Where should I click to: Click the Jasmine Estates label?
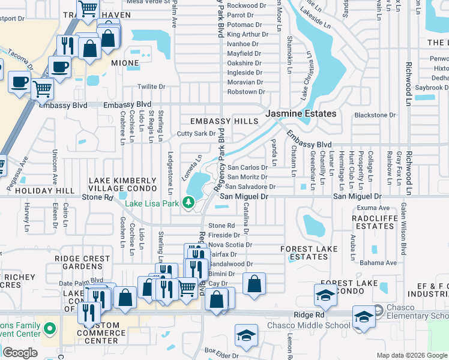click(301, 113)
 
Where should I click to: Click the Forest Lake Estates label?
click(304, 253)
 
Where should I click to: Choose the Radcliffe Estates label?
click(374, 222)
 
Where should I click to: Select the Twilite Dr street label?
click(151, 87)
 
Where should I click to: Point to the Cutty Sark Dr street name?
click(195, 133)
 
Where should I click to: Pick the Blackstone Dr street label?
click(375, 115)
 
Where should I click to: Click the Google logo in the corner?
click(20, 353)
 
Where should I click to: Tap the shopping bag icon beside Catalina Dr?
click(255, 284)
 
